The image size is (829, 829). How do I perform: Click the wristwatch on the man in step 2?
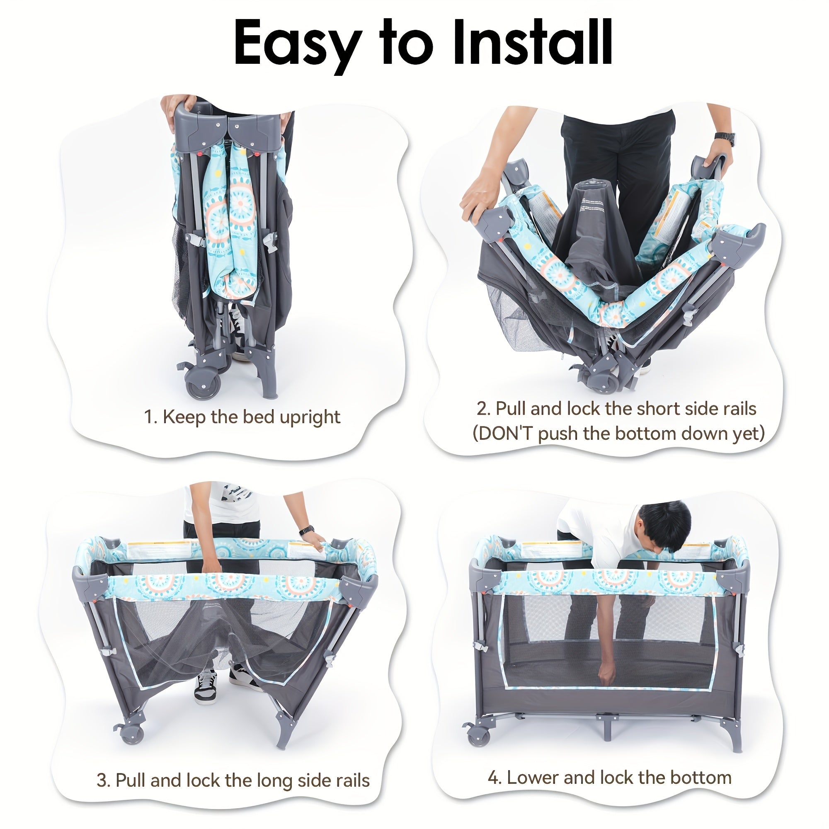click(x=725, y=138)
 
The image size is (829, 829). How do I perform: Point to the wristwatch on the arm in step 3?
click(x=306, y=531)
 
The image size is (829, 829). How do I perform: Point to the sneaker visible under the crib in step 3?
click(x=205, y=687)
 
